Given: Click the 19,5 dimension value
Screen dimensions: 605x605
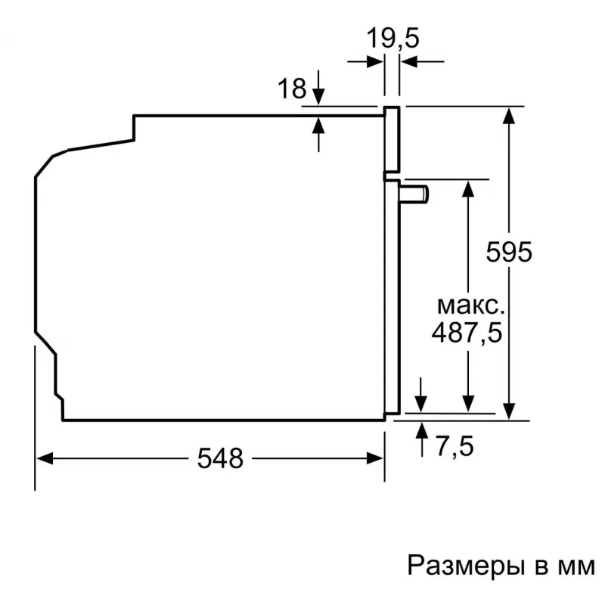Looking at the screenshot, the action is (x=392, y=39).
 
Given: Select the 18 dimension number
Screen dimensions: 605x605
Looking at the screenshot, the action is (x=292, y=88).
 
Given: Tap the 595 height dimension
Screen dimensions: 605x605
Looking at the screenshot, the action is (x=509, y=252).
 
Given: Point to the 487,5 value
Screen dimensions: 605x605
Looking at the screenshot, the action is (x=467, y=332).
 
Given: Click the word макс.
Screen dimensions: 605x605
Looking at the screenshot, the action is (x=470, y=306).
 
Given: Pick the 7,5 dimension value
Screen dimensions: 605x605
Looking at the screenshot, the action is (x=455, y=445).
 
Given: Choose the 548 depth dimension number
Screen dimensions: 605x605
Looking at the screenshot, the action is (x=220, y=458).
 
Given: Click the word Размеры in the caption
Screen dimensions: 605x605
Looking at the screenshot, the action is (x=467, y=566).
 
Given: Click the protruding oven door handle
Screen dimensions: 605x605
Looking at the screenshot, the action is (x=414, y=194).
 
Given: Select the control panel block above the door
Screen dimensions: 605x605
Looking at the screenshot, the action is (x=392, y=139).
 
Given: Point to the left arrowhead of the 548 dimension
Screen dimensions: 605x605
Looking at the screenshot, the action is (x=45, y=458).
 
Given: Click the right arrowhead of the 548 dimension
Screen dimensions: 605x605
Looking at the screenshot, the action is (x=374, y=458).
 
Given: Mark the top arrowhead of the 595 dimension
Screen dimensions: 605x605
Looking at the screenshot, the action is (x=509, y=116).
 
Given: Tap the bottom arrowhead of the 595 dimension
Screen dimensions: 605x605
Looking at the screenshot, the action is (x=509, y=411).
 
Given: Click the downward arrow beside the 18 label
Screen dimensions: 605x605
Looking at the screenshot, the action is (x=318, y=87).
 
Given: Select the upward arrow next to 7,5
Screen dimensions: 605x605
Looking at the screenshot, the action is (x=422, y=439).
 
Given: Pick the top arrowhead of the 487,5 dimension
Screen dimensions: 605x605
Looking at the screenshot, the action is (x=468, y=189).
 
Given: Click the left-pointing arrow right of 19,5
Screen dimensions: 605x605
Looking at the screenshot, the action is (x=422, y=61).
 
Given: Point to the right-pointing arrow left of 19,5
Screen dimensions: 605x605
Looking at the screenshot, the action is (x=365, y=61).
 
